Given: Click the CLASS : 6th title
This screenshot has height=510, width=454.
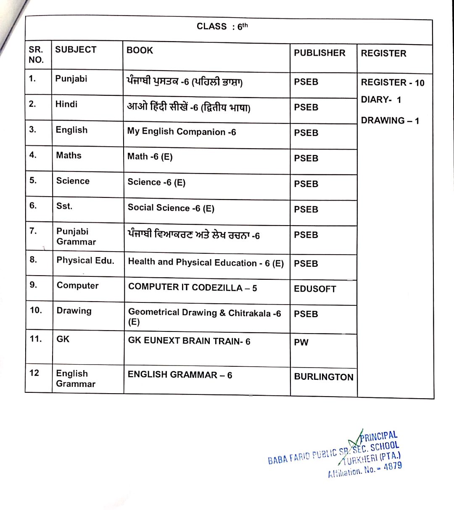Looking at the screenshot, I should [x=222, y=26].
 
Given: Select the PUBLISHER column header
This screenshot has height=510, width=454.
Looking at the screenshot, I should [x=319, y=53].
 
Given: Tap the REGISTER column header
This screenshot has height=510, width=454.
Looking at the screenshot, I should [x=383, y=53].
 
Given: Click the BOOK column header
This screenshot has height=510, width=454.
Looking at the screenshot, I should [x=140, y=50].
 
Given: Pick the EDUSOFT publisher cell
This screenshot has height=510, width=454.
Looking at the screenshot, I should [x=315, y=289].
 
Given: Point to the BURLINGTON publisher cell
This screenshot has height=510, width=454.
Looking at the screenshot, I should [x=324, y=377].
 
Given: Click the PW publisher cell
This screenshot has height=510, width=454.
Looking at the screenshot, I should [x=301, y=342].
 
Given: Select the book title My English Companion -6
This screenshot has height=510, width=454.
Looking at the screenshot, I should [x=182, y=132].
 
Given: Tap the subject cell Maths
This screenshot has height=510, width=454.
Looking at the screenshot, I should [x=69, y=155].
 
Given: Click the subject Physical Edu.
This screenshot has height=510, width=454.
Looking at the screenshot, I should [x=85, y=260].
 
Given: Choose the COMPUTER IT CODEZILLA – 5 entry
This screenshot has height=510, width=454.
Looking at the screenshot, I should [x=193, y=288].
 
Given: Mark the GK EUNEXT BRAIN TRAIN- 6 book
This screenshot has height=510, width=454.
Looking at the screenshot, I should [x=189, y=341].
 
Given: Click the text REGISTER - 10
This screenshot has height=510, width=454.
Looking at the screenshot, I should [x=393, y=83].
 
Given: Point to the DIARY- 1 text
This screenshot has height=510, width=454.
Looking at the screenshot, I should [x=381, y=100].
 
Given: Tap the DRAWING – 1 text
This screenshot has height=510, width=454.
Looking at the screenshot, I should [x=390, y=121].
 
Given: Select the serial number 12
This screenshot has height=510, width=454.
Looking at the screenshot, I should [x=34, y=373].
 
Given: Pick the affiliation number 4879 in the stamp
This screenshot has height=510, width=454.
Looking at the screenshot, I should [x=392, y=467].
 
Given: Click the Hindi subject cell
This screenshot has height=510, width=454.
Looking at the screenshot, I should [x=66, y=104].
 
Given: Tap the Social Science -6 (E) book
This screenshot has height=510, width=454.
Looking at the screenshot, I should [x=171, y=208].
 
